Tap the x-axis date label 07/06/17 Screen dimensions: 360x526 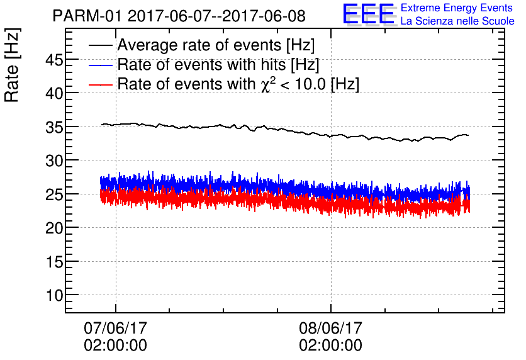(x=115, y=328)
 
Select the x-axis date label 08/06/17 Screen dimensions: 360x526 (x=330, y=328)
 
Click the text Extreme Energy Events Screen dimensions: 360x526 (x=456, y=8)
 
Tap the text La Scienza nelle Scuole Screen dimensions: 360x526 (x=457, y=21)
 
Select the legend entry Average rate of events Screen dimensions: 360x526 (x=216, y=46)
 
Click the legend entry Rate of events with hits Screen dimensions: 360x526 (x=218, y=65)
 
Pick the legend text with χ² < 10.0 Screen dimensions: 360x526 (x=238, y=84)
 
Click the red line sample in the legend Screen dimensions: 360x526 (x=101, y=84)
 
